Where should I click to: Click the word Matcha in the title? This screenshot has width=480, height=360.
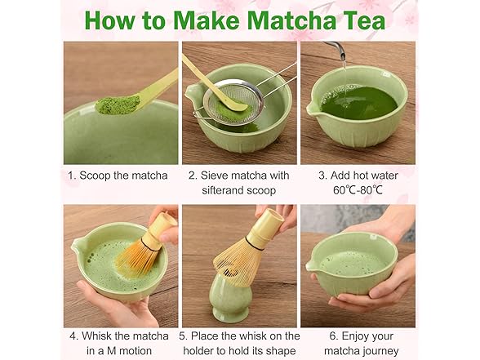pyautogui.click(x=299, y=20)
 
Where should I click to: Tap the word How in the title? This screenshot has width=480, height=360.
pyautogui.click(x=111, y=20)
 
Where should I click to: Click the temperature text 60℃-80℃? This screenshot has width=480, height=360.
pyautogui.click(x=358, y=190)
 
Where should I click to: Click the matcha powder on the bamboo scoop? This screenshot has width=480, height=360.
pyautogui.click(x=117, y=104)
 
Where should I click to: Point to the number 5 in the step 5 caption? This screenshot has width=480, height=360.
pyautogui.click(x=184, y=336)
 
